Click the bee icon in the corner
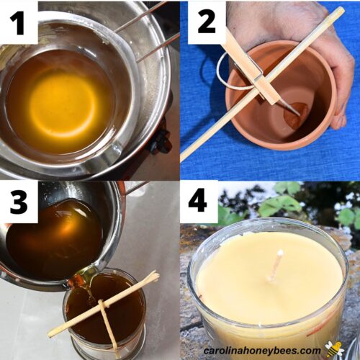[x=333, y=349]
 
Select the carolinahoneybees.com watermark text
[x=267, y=351]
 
